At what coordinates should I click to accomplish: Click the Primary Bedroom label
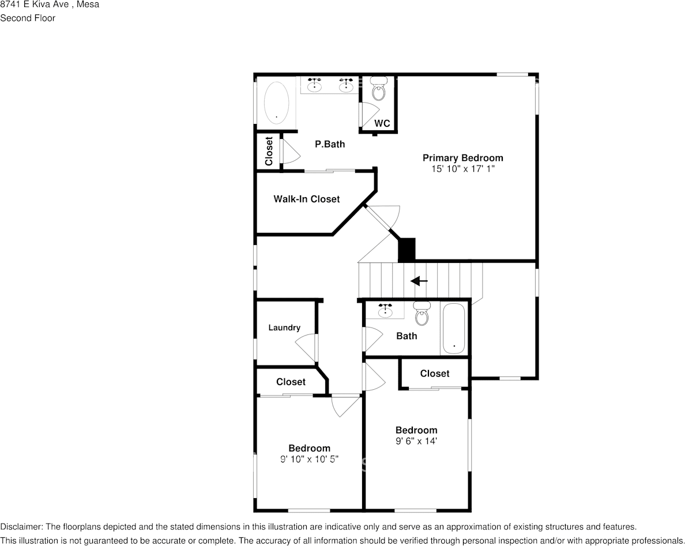[462, 158]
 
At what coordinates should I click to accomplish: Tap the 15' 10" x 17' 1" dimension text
[462, 169]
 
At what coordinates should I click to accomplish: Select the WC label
[382, 123]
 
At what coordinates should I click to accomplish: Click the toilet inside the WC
[379, 89]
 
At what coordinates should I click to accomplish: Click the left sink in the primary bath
[314, 86]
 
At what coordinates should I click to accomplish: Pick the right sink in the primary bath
[346, 86]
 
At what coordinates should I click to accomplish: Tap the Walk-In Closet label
[306, 199]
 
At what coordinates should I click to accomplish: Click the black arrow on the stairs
[419, 281]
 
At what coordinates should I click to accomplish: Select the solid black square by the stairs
[407, 250]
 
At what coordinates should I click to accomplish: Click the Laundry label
[284, 327]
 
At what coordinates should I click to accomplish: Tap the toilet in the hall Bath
[422, 314]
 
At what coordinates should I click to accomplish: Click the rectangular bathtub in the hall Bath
[453, 329]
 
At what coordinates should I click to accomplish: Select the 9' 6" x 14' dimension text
[416, 441]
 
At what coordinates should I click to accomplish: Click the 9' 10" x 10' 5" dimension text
[309, 459]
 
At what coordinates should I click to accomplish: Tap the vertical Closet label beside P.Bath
[269, 151]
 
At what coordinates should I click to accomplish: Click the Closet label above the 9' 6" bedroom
[434, 374]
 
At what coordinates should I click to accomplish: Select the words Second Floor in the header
[28, 18]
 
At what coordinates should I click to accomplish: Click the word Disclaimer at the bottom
[21, 527]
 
